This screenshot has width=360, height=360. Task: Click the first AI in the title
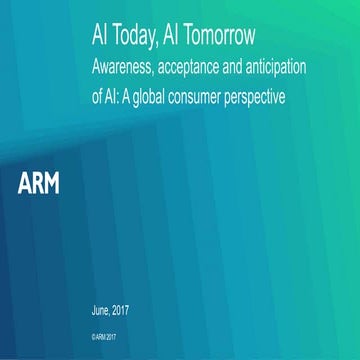(98, 38)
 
